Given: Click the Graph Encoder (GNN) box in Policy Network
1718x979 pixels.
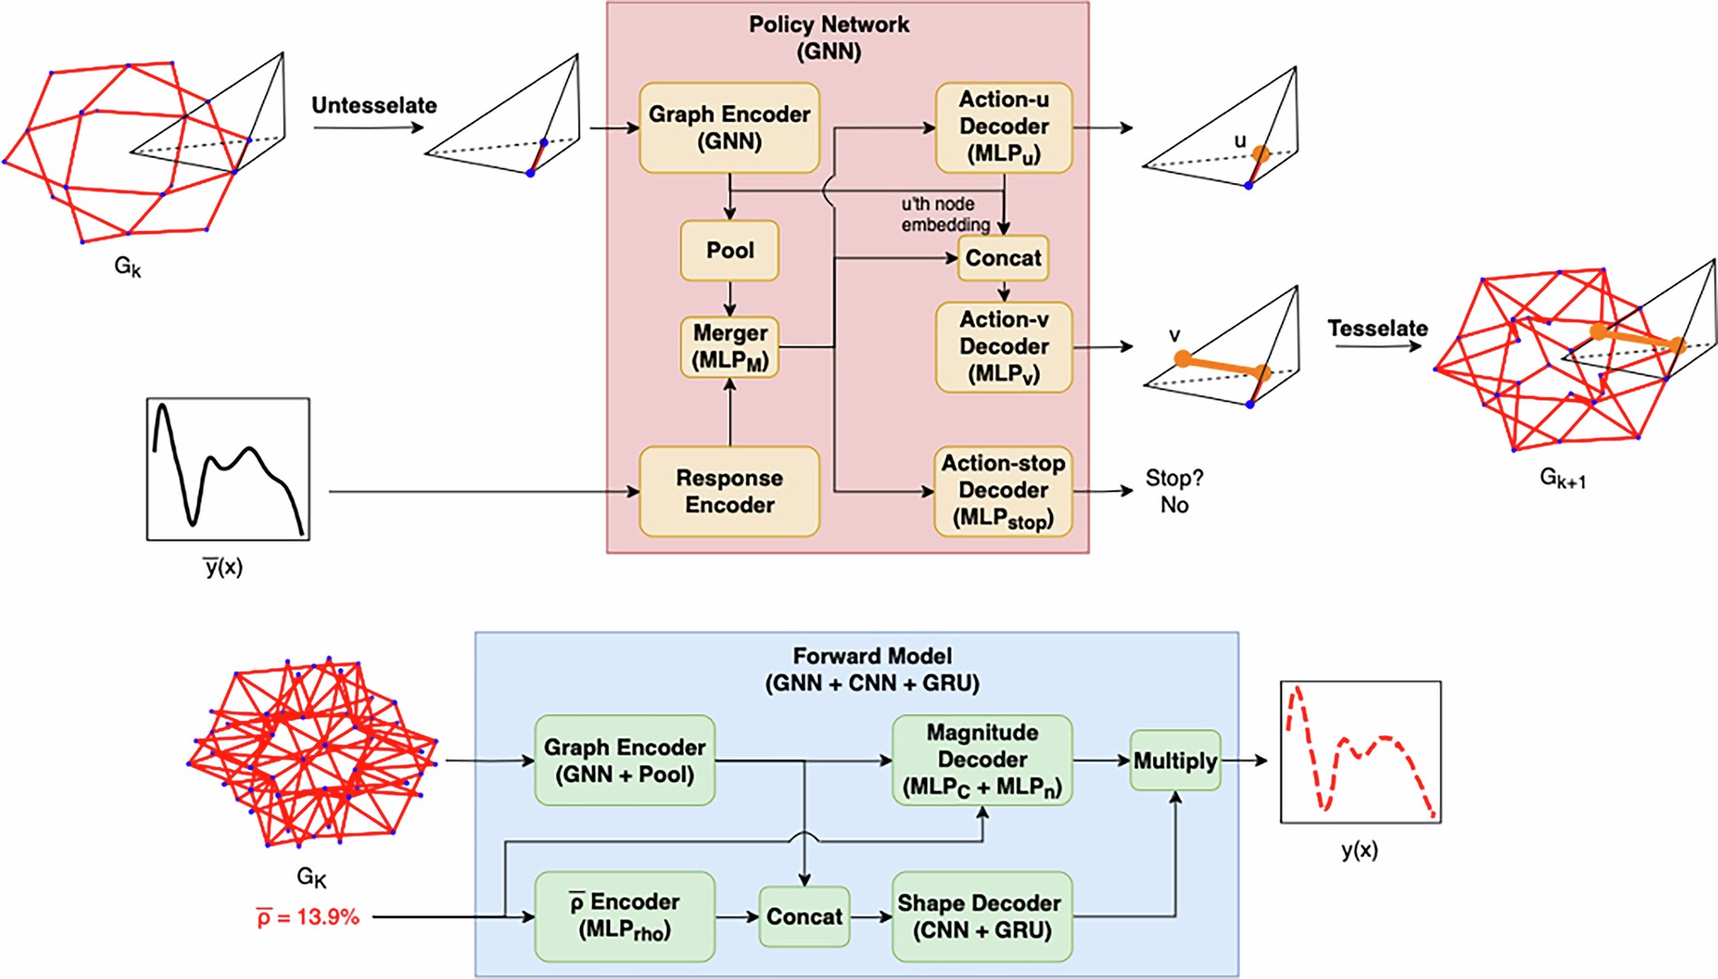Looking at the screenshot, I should click(729, 128).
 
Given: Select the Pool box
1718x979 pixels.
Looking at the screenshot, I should click(729, 251).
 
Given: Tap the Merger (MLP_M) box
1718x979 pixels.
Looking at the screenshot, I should click(729, 346).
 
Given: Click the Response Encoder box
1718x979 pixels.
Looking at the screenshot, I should click(729, 491).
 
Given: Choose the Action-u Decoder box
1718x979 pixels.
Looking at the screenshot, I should click(1003, 128).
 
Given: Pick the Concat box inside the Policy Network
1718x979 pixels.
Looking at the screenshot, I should click(1002, 258).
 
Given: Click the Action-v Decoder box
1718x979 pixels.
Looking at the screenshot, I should click(1003, 346).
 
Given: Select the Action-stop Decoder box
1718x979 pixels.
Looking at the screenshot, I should click(1003, 491).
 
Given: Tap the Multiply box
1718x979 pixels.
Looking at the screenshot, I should click(1175, 760).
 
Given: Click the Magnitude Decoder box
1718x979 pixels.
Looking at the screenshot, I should click(981, 760).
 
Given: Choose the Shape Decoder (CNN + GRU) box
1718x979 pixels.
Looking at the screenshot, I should click(981, 916).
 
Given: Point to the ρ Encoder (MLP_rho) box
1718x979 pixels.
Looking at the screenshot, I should click(625, 916).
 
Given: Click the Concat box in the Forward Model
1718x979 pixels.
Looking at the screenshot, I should click(804, 916).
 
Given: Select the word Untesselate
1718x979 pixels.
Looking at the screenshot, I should click(373, 105).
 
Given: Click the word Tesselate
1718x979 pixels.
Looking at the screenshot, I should click(1376, 329).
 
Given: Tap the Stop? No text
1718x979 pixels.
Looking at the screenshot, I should click(1174, 491).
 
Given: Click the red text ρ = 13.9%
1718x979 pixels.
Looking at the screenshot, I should click(308, 917).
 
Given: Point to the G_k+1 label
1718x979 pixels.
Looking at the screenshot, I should click(1562, 479).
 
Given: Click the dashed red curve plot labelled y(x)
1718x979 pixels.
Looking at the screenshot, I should click(1360, 752).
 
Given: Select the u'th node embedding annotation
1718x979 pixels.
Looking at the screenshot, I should click(944, 214).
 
